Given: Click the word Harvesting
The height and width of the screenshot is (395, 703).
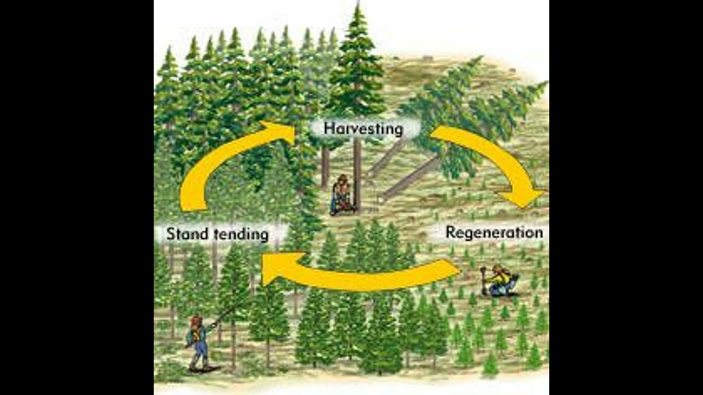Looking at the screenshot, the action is pos(363,129).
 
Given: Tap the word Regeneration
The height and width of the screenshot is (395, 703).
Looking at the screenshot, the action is pos(494,232).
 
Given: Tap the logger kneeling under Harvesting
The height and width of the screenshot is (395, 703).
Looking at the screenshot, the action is pos(342,196).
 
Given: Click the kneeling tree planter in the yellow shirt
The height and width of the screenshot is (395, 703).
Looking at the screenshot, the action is pos(500,281).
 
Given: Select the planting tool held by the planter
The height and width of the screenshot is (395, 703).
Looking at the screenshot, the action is pos(484,279).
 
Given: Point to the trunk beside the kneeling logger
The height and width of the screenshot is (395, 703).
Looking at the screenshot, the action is pos(358,176).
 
